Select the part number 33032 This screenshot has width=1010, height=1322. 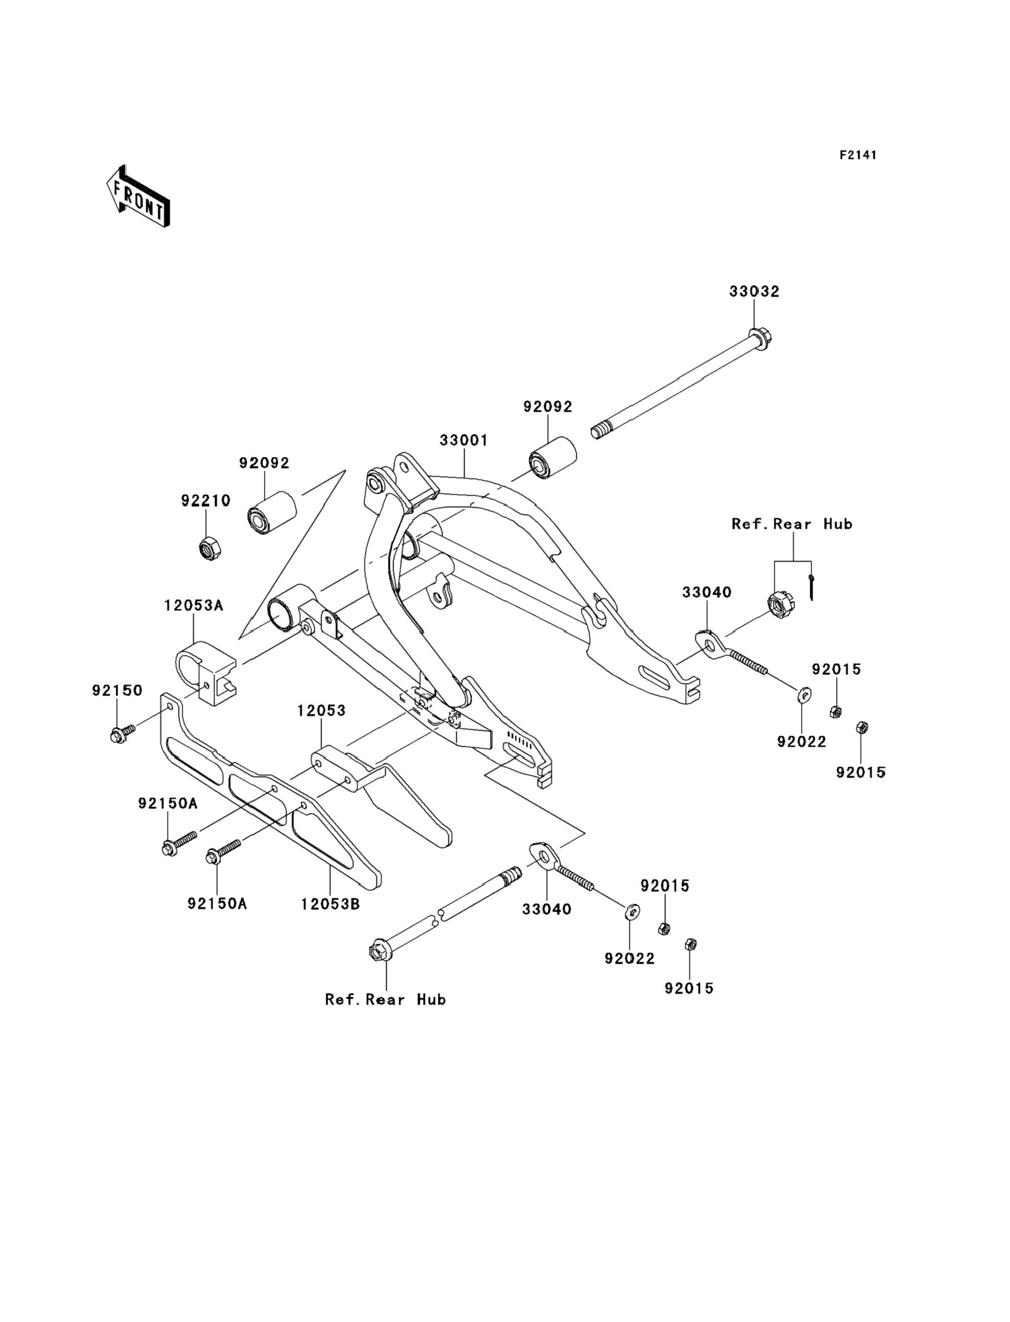(754, 291)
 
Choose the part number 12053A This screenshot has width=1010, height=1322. (193, 605)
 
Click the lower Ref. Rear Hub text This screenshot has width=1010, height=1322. (385, 999)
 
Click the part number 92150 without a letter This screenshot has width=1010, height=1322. (117, 691)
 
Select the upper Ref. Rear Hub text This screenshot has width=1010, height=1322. (792, 524)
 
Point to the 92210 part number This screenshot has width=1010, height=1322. (206, 501)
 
